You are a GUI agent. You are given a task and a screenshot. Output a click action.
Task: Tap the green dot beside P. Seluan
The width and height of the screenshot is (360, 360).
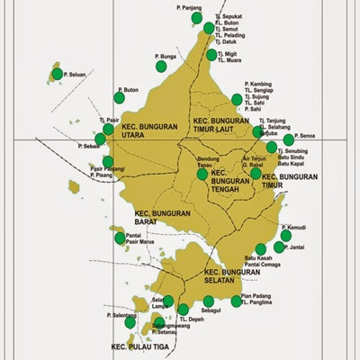(x=58, y=74)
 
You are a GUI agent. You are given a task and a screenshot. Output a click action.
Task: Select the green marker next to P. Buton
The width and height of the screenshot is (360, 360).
(x=117, y=93)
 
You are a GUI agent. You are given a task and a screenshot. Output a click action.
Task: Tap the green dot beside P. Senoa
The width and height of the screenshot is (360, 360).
(x=289, y=139)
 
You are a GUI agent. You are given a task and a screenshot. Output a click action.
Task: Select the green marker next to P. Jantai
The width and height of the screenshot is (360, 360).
(x=279, y=247)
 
